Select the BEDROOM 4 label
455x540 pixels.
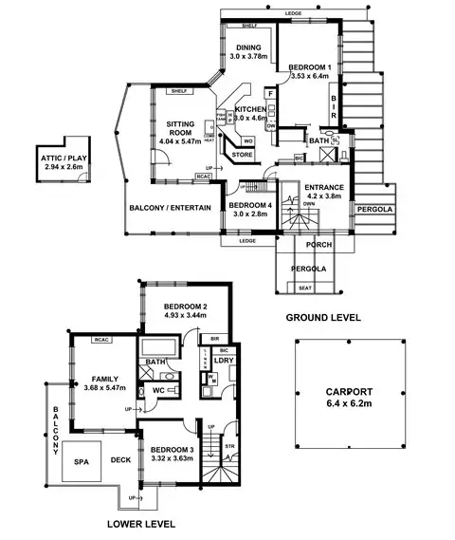pos(248,210)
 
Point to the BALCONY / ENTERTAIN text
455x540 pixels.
pos(171,208)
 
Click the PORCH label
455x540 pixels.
pos(304,245)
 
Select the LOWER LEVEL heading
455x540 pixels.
pos(138,523)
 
